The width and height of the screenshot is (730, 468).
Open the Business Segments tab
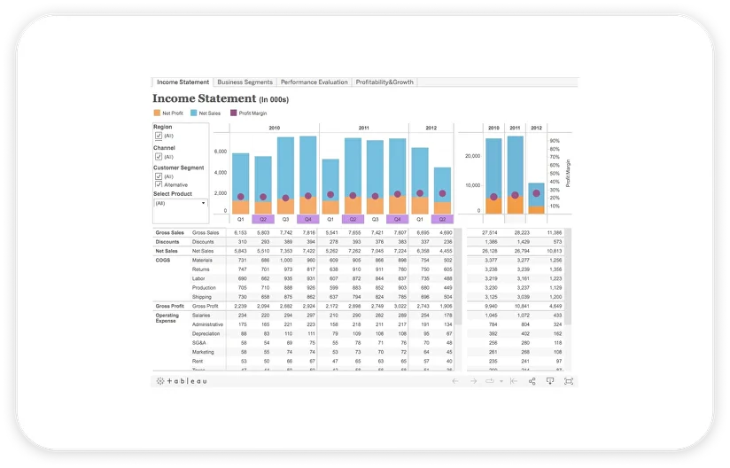[x=245, y=82]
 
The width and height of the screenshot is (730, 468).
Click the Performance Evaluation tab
[x=315, y=82]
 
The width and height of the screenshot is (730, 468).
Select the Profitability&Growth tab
[x=384, y=82]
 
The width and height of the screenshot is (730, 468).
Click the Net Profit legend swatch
[x=157, y=113]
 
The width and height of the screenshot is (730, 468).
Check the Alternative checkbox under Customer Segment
[x=159, y=184]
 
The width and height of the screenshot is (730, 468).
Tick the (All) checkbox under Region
[x=159, y=136]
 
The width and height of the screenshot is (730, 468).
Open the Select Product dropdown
[x=180, y=203]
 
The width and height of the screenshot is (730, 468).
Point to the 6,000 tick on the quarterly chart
[x=221, y=152]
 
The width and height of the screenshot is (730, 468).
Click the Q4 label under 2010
[x=307, y=218]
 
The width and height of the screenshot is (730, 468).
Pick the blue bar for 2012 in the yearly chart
[x=536, y=195]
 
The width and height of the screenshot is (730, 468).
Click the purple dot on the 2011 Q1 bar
[x=330, y=195]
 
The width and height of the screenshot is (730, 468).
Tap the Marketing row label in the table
[x=203, y=352]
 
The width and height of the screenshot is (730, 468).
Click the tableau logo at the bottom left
[x=182, y=381]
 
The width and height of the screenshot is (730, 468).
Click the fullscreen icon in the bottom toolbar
[x=568, y=381]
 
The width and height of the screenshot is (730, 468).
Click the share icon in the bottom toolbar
[x=532, y=381]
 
